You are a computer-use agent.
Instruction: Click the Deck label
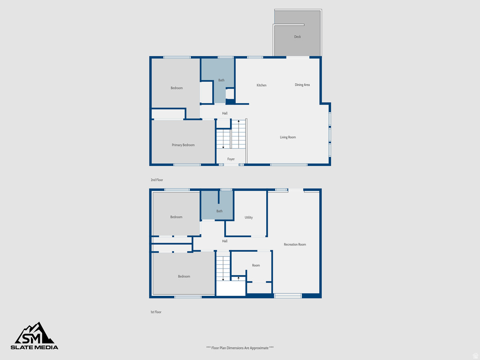297,37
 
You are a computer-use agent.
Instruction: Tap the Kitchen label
262,85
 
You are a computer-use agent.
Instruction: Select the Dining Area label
302,85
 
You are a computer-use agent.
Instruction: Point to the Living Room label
288,137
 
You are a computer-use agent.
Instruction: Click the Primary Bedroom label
183,145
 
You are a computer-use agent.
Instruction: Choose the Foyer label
231,159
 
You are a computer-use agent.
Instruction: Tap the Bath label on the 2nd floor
221,80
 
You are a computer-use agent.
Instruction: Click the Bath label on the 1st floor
219,211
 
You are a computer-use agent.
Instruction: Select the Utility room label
249,217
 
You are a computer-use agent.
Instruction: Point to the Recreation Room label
295,245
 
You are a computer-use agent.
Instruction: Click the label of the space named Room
256,265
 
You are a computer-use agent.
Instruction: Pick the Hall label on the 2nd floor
225,113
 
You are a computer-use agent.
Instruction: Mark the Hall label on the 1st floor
225,241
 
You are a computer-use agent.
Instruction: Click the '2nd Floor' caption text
157,180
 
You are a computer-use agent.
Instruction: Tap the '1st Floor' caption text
156,312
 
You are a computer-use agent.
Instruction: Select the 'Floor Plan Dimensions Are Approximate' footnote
240,348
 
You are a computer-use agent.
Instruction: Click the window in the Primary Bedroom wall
187,165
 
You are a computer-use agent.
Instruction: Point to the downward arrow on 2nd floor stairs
223,147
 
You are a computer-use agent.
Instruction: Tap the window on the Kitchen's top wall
255,57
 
